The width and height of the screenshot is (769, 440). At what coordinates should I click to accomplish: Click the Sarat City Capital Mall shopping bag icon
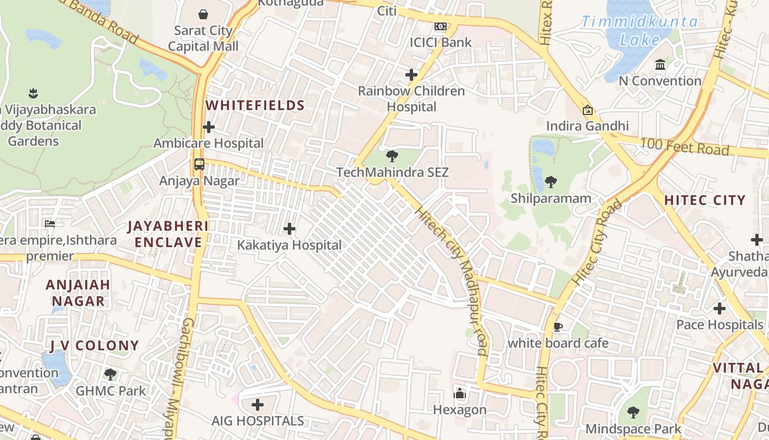tap(203, 14)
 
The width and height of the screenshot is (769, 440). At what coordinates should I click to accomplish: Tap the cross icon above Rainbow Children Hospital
tap(411, 75)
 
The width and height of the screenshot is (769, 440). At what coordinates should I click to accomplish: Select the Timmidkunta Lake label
tap(639, 31)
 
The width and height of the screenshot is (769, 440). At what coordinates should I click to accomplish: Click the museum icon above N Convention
tap(660, 65)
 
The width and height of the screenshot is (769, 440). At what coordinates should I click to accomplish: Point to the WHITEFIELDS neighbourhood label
tap(255, 106)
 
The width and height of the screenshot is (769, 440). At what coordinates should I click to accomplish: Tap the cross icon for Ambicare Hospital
tap(209, 127)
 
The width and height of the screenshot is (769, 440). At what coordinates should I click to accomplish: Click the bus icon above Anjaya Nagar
tap(199, 164)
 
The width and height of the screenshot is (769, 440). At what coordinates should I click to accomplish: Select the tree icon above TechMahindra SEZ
tap(392, 156)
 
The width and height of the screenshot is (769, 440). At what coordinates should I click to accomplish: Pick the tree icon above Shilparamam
tap(550, 182)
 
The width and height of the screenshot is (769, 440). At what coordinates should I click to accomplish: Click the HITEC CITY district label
tap(705, 200)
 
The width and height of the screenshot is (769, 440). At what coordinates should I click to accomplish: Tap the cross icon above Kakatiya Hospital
tap(289, 229)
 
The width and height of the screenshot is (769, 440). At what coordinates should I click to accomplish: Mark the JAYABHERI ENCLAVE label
tap(168, 234)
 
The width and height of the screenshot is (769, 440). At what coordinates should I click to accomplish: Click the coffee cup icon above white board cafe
tap(558, 327)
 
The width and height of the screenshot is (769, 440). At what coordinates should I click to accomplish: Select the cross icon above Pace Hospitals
tap(720, 309)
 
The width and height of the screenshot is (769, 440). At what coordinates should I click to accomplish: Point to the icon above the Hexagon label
tap(460, 394)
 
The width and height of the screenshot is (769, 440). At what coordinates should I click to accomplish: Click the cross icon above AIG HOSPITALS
tap(258, 405)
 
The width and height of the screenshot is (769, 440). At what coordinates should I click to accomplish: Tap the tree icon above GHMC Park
tap(110, 375)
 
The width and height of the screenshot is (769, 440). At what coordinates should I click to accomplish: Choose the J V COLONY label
tap(94, 346)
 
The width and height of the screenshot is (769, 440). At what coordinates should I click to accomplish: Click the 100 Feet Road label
tap(684, 147)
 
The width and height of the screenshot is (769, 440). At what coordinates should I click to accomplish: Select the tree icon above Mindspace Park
tap(633, 413)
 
